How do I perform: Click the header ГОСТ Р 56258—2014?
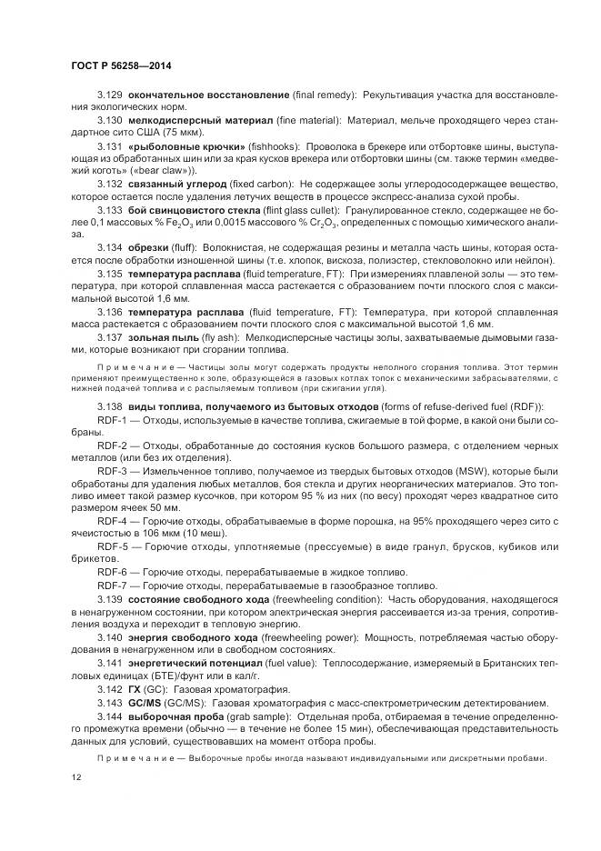[120, 66]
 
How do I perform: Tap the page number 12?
[75, 777]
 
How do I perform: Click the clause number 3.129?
[110, 95]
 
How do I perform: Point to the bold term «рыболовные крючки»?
[187, 146]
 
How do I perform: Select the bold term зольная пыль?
[161, 337]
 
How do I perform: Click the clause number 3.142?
[110, 690]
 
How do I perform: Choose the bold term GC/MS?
[145, 703]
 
